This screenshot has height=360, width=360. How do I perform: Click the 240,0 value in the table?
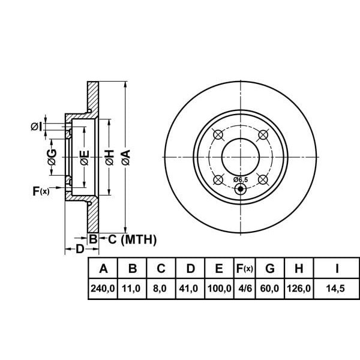(x=103, y=289)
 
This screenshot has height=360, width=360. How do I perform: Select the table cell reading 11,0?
(x=131, y=289)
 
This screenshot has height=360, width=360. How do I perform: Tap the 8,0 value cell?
(x=160, y=289)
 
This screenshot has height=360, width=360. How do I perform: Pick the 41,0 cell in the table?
(x=190, y=289)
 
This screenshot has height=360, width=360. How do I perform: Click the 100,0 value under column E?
(x=219, y=289)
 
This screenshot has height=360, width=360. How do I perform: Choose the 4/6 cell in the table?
(x=245, y=289)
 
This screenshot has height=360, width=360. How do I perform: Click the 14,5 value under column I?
(x=337, y=289)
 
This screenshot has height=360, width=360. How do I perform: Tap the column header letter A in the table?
(x=103, y=268)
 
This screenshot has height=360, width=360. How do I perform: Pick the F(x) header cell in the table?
(x=245, y=268)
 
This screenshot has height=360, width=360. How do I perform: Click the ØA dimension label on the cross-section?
(x=125, y=158)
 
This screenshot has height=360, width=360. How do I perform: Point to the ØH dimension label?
(x=109, y=158)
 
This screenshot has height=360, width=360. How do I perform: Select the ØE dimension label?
(x=85, y=158)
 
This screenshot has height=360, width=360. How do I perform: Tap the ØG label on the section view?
(x=52, y=158)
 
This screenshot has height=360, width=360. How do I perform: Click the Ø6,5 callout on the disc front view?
(x=241, y=179)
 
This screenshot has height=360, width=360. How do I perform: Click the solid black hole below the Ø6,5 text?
(x=241, y=190)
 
